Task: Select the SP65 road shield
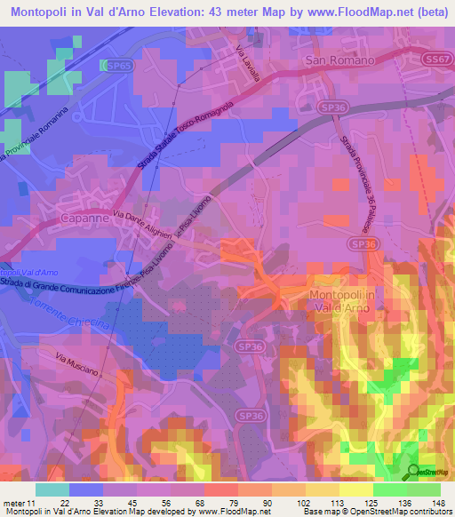point(116,66)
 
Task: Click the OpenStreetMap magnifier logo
point(415,472)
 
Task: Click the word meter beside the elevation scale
point(12,503)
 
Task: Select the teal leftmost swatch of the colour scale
point(52,489)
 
